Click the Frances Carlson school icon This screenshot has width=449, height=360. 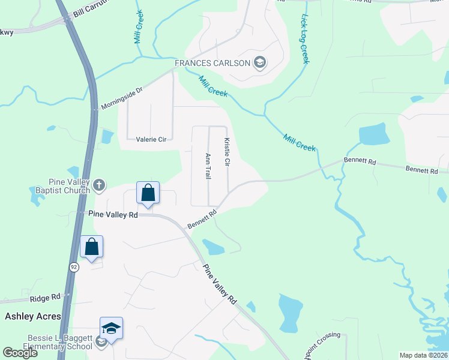coord(260,63)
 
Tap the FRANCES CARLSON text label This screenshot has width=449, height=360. coord(212,63)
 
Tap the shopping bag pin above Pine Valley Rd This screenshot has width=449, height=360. coord(148,194)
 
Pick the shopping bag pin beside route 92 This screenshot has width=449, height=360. coord(91,247)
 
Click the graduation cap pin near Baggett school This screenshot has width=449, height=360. coord(111,329)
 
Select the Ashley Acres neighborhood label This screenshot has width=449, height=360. coord(33,316)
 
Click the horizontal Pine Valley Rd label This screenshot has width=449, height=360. coord(113,214)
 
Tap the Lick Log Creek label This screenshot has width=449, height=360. coord(304,40)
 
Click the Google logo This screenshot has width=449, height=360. coord(20,353)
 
